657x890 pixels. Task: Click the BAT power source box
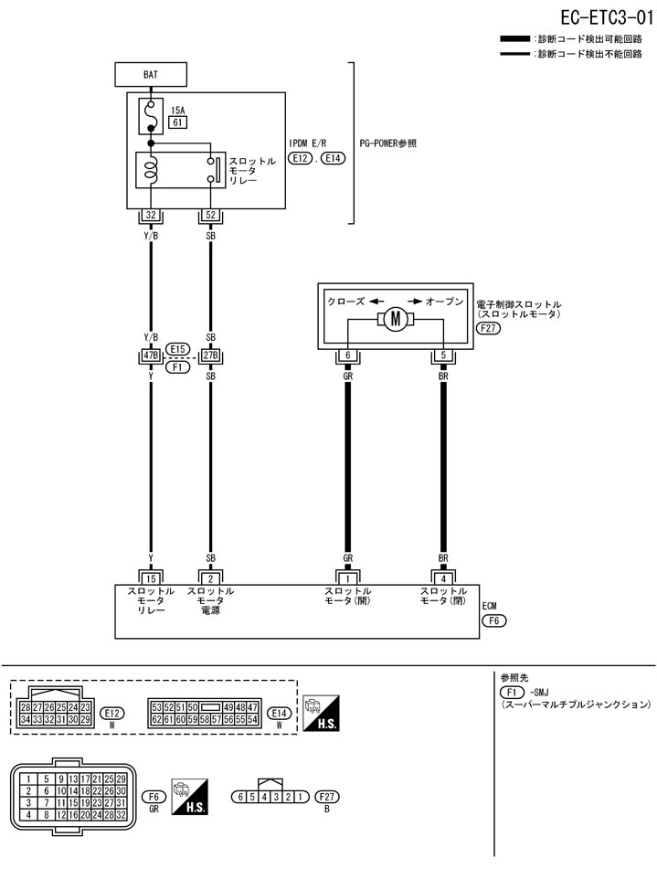(x=150, y=75)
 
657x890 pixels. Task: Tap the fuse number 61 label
(x=177, y=122)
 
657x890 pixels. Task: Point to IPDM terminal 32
(x=150, y=217)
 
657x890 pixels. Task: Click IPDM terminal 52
(x=210, y=217)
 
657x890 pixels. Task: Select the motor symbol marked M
(x=396, y=319)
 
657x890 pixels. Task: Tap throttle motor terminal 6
(x=347, y=356)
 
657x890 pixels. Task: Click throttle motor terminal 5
(x=443, y=356)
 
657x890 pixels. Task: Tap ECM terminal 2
(x=210, y=577)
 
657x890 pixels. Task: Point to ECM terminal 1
(x=347, y=577)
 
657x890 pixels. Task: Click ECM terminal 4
(x=443, y=577)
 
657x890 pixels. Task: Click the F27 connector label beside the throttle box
(x=489, y=329)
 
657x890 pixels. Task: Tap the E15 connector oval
(x=178, y=348)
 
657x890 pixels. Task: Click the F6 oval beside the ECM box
(x=493, y=620)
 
